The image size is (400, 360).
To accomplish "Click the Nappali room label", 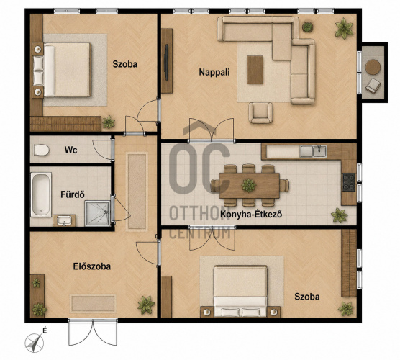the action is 214,72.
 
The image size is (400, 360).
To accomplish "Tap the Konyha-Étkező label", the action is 251,215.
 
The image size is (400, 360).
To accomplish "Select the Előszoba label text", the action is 92,266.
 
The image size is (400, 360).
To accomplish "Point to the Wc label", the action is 71,150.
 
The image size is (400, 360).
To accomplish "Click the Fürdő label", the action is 73,194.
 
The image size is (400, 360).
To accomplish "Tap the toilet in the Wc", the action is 41,150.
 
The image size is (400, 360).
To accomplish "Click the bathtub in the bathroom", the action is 41,195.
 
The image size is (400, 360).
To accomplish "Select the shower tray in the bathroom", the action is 97,213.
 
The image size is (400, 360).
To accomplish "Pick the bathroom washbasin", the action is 64,220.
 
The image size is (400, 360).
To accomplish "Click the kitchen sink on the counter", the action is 313,151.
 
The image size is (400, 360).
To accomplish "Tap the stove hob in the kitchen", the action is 349,182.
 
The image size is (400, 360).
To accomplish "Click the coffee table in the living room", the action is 255,70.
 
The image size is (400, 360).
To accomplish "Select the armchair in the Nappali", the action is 260,113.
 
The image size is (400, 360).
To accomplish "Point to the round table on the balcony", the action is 373,67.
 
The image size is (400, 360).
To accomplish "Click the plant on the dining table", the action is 249,185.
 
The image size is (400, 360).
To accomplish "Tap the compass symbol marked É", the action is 35,343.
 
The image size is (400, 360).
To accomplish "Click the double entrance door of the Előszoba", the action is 93,332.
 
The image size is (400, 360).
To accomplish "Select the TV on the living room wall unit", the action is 167,63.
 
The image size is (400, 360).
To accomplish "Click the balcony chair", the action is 373,86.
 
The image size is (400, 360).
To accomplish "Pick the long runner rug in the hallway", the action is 137,192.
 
